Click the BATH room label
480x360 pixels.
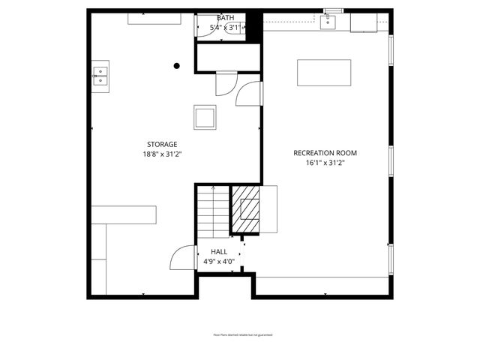point(225,17)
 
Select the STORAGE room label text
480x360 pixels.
point(162,144)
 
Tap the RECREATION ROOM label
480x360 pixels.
point(325,153)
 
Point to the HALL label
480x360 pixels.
point(219,252)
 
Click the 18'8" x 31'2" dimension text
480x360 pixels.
point(162,154)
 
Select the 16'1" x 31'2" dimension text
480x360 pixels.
point(325,163)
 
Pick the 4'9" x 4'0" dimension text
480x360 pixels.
point(219,262)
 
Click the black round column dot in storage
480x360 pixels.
point(177,66)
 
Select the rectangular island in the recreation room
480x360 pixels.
point(324,73)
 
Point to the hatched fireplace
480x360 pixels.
point(246,211)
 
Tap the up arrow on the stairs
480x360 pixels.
point(214,189)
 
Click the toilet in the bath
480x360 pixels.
point(236,28)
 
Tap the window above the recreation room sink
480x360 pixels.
point(332,10)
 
